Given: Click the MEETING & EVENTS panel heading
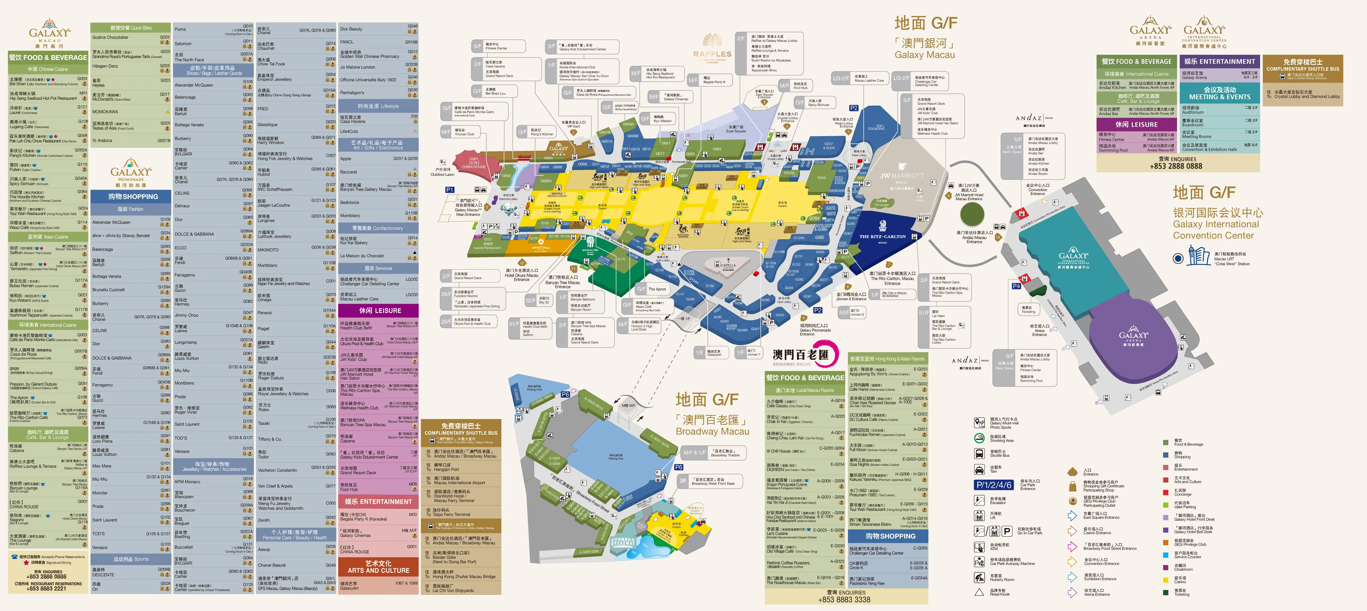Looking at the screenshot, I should (1219, 93).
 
